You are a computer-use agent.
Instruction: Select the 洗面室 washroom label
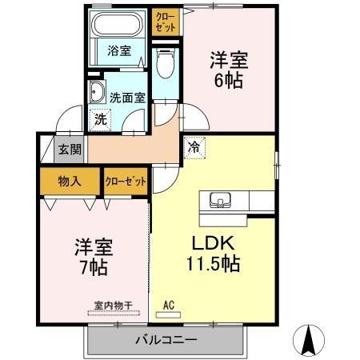[x=127, y=98]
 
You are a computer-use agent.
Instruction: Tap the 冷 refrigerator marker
[x=193, y=147]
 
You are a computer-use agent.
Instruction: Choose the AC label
[x=169, y=304]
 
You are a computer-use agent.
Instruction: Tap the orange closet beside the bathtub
[x=166, y=21]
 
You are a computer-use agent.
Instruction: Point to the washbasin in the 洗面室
[x=98, y=89]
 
